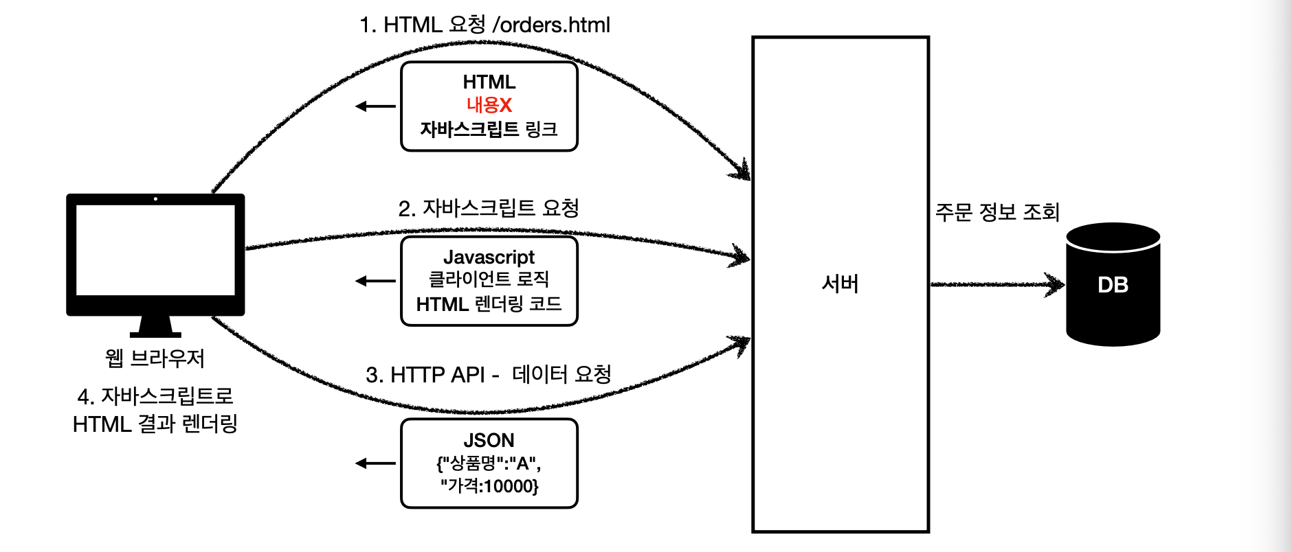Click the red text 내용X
[489, 105]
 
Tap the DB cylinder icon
[1113, 284]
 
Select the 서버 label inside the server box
[840, 284]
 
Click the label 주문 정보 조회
[996, 211]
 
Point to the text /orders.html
[551, 25]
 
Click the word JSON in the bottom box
[489, 440]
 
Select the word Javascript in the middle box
[489, 257]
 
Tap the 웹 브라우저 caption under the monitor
[155, 358]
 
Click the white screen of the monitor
[155, 250]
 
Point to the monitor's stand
[155, 327]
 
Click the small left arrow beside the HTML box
[375, 106]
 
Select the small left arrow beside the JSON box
[375, 463]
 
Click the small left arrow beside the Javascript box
[375, 281]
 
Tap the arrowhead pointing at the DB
[1054, 284]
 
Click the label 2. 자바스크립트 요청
[489, 208]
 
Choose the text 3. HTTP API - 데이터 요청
[489, 375]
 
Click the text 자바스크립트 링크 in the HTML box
[489, 129]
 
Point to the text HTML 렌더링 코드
[489, 303]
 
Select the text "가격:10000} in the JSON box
[489, 486]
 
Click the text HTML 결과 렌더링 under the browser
[155, 424]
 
